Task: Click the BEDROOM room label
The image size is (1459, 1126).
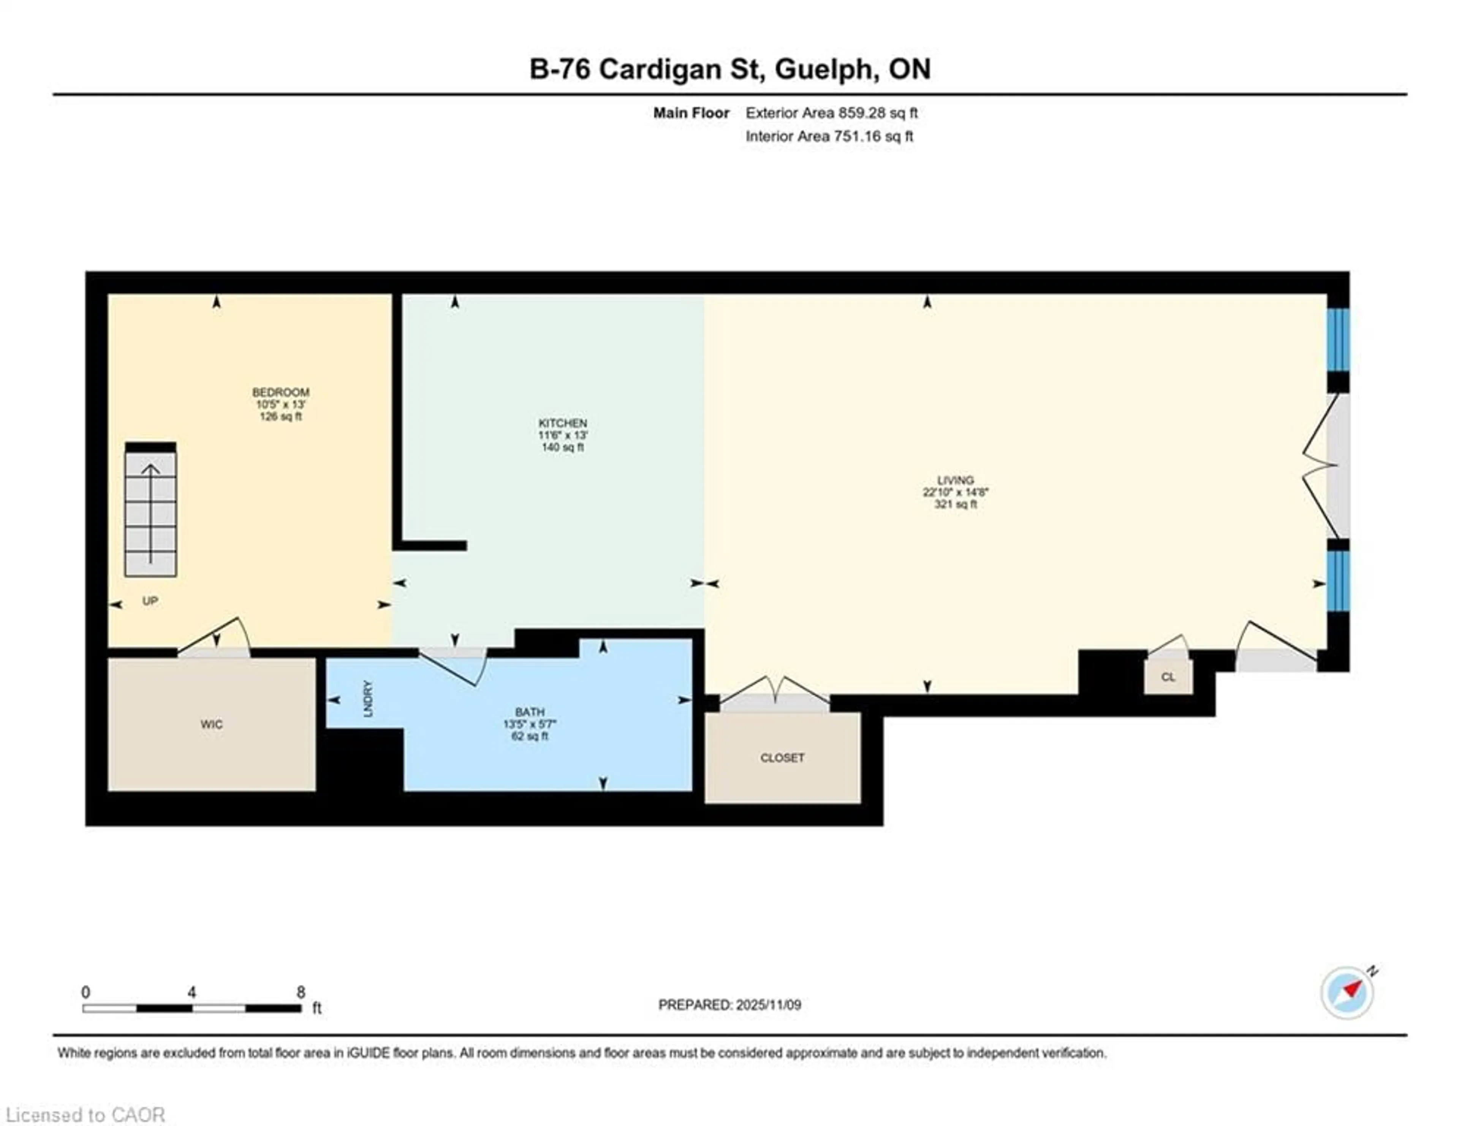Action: click(x=280, y=392)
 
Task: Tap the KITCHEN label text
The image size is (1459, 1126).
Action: click(x=562, y=423)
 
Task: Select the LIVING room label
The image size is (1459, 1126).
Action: click(x=955, y=479)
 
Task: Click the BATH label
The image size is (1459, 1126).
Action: click(x=529, y=712)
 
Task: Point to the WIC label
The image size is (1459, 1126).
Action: click(x=211, y=724)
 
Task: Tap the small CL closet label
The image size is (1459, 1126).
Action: click(x=1167, y=677)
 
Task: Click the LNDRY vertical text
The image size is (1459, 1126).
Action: click(x=367, y=699)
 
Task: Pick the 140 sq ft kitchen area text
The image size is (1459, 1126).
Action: click(x=562, y=447)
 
